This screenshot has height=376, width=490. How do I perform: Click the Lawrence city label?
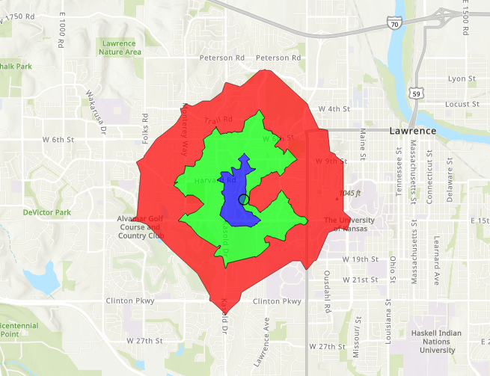pyautogui.click(x=412, y=131)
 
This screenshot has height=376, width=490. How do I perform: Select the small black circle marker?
pyautogui.click(x=243, y=200)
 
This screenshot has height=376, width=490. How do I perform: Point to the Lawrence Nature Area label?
pyautogui.click(x=120, y=48)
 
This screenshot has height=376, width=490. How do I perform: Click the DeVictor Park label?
pyautogui.click(x=46, y=212)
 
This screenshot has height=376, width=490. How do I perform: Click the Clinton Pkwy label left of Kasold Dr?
pyautogui.click(x=131, y=301)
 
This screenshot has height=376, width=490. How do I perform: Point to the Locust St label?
pyautogui.click(x=461, y=105)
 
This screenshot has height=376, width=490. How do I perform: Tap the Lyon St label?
pyautogui.click(x=462, y=78)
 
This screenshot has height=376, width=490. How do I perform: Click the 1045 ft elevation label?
pyautogui.click(x=350, y=194)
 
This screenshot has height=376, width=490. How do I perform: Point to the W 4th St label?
pyautogui.click(x=334, y=108)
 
